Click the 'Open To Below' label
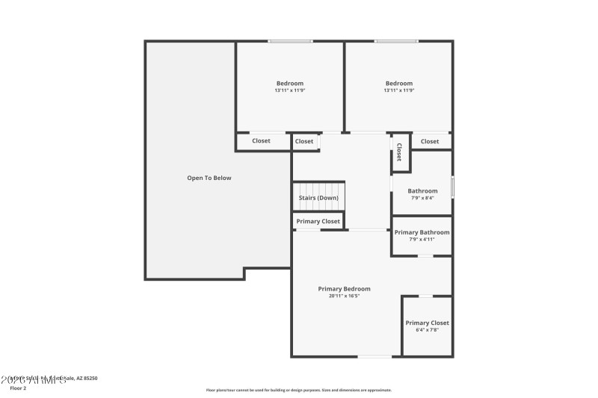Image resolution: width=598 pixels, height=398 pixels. click(x=209, y=178)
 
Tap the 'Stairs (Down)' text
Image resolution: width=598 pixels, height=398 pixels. click(x=318, y=198)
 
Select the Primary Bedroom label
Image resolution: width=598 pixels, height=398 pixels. click(x=344, y=289)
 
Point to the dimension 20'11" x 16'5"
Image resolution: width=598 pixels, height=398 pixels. click(x=344, y=296)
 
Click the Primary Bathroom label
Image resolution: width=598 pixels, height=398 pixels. click(x=422, y=232)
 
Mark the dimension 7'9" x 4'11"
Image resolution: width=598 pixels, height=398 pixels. click(x=422, y=240)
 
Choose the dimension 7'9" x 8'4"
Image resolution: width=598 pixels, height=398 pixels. click(x=422, y=198)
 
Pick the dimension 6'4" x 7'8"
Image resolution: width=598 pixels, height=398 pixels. click(x=427, y=330)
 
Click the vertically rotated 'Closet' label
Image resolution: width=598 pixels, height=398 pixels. click(x=399, y=152)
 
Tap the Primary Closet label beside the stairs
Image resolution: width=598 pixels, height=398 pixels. click(x=318, y=222)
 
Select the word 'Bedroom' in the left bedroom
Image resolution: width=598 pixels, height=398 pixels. click(x=290, y=83)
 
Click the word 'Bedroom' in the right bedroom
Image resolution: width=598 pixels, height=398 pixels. click(x=399, y=83)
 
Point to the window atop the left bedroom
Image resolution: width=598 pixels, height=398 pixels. click(x=291, y=41)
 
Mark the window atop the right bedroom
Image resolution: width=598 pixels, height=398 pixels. click(x=396, y=41)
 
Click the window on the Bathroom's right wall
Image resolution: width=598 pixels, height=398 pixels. click(x=452, y=187)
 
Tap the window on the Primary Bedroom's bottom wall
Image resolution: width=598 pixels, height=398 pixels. click(x=374, y=356)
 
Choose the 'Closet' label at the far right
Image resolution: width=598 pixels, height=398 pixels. click(x=430, y=141)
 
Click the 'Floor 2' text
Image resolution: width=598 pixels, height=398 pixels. click(x=18, y=388)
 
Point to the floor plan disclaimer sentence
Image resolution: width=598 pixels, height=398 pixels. click(x=299, y=390)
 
